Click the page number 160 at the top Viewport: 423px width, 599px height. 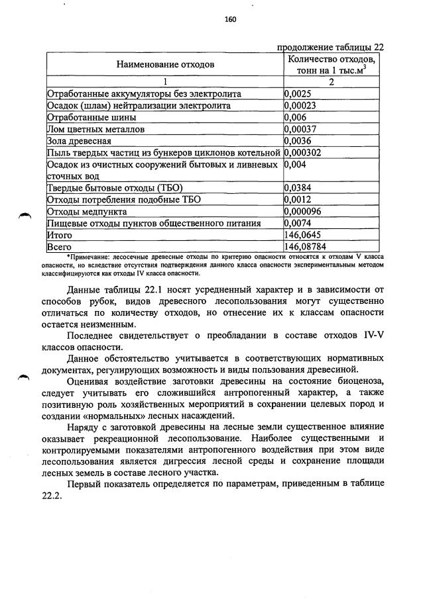click(x=230, y=19)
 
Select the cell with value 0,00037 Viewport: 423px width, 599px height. click(x=298, y=129)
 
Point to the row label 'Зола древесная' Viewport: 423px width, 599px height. click(x=79, y=141)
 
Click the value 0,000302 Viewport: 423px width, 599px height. click(x=300, y=152)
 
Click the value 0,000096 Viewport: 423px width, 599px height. click(x=300, y=211)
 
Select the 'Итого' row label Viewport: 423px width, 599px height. click(x=59, y=235)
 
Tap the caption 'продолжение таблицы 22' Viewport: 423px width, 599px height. click(x=330, y=47)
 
